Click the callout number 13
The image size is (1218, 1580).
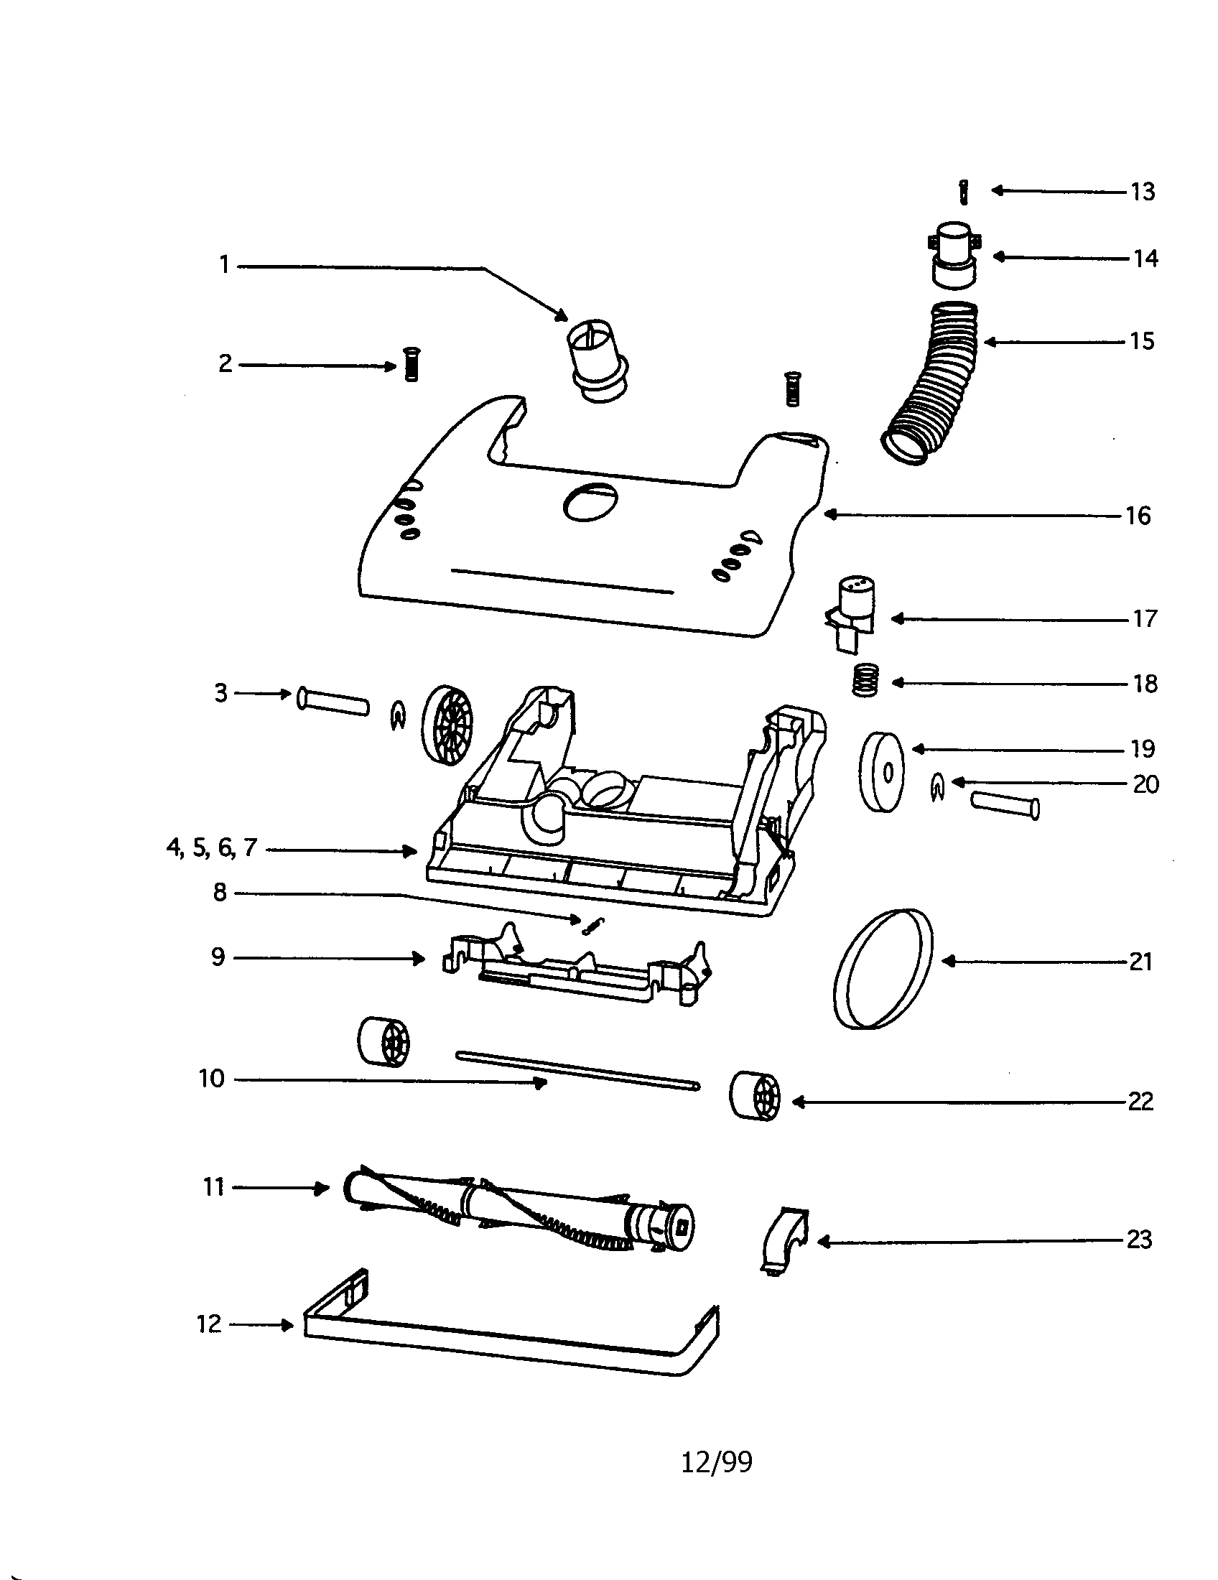point(1143,192)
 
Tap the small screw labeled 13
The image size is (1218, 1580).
point(962,192)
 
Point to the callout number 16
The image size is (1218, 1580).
point(1138,516)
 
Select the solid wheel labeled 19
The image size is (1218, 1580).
point(882,771)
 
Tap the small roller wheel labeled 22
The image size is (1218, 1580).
point(754,1096)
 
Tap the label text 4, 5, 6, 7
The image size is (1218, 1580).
point(211,847)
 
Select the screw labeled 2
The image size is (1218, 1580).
point(412,364)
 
